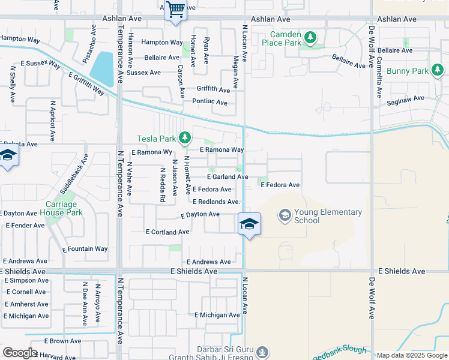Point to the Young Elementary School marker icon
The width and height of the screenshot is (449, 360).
click(285, 215)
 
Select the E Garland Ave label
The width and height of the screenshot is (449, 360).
click(228, 177)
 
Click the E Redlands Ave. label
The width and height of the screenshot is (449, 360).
click(216, 202)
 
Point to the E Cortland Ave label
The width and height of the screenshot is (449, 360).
click(167, 232)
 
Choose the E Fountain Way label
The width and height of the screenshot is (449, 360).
click(85, 248)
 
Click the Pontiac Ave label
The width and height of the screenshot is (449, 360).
click(209, 103)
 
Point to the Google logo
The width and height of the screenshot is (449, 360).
click(20, 353)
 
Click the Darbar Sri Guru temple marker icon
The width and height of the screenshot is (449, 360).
click(262, 351)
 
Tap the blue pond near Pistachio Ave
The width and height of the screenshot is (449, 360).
click(104, 69)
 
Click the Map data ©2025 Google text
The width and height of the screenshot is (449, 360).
click(412, 355)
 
